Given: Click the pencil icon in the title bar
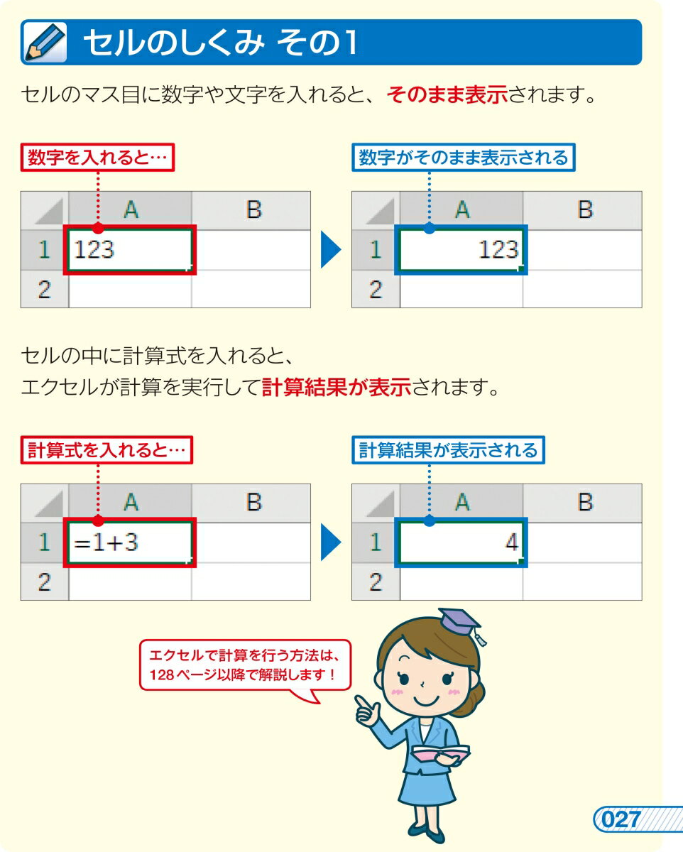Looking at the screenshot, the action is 45,43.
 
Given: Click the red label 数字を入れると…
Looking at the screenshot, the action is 97,158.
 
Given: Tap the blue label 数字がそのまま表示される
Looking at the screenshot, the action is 463,158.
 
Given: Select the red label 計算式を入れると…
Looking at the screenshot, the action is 106,450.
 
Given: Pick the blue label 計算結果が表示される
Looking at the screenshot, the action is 448,450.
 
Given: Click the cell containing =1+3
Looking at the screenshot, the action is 130,542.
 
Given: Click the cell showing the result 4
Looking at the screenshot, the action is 461,542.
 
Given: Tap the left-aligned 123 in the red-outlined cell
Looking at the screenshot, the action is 94,249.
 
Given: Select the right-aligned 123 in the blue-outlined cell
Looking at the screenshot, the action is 498,249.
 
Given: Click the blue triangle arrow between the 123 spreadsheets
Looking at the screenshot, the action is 330,250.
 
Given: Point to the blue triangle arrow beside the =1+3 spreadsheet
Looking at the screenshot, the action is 330,542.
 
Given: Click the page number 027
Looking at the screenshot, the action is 621,819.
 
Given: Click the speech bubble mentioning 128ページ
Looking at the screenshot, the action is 246,666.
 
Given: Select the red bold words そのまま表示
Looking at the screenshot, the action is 447,95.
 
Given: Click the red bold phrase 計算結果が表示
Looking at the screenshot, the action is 337,387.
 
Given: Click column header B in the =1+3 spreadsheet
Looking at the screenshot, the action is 253,502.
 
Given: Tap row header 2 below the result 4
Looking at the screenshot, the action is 376,581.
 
